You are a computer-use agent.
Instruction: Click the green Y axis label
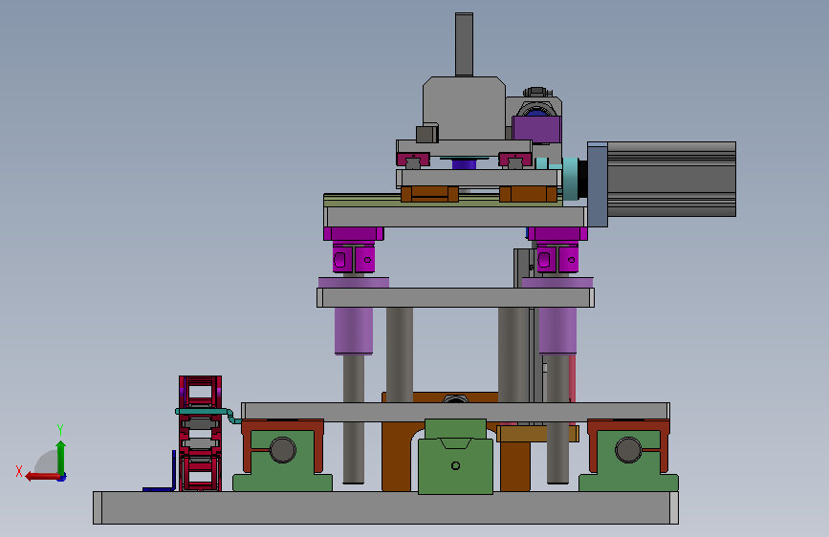[60, 429]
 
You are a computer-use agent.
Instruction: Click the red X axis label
[19, 471]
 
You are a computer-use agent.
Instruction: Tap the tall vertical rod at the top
[464, 45]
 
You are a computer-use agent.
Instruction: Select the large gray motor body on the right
[671, 179]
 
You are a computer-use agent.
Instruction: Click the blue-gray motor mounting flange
[598, 183]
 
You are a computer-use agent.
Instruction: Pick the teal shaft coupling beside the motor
[570, 179]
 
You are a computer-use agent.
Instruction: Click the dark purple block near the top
[536, 130]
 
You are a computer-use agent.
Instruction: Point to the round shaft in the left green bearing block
[283, 450]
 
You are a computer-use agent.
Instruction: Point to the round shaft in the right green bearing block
[628, 450]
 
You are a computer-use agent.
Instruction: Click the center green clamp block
[456, 457]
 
